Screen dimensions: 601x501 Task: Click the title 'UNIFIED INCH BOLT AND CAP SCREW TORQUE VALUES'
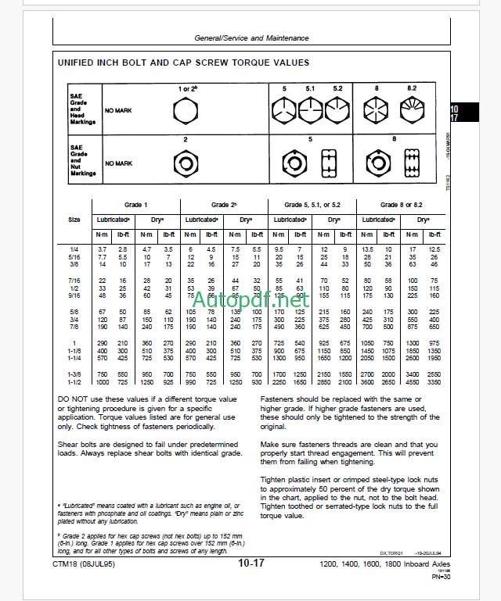(183, 63)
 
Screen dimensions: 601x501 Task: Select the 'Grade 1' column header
(135, 205)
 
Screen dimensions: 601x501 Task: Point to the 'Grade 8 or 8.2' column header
(401, 205)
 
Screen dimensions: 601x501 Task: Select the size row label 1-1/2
(75, 382)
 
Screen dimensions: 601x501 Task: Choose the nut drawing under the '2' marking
(186, 163)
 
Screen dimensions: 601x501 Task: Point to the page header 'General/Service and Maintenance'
(251, 38)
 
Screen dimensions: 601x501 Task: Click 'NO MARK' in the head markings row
(119, 111)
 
